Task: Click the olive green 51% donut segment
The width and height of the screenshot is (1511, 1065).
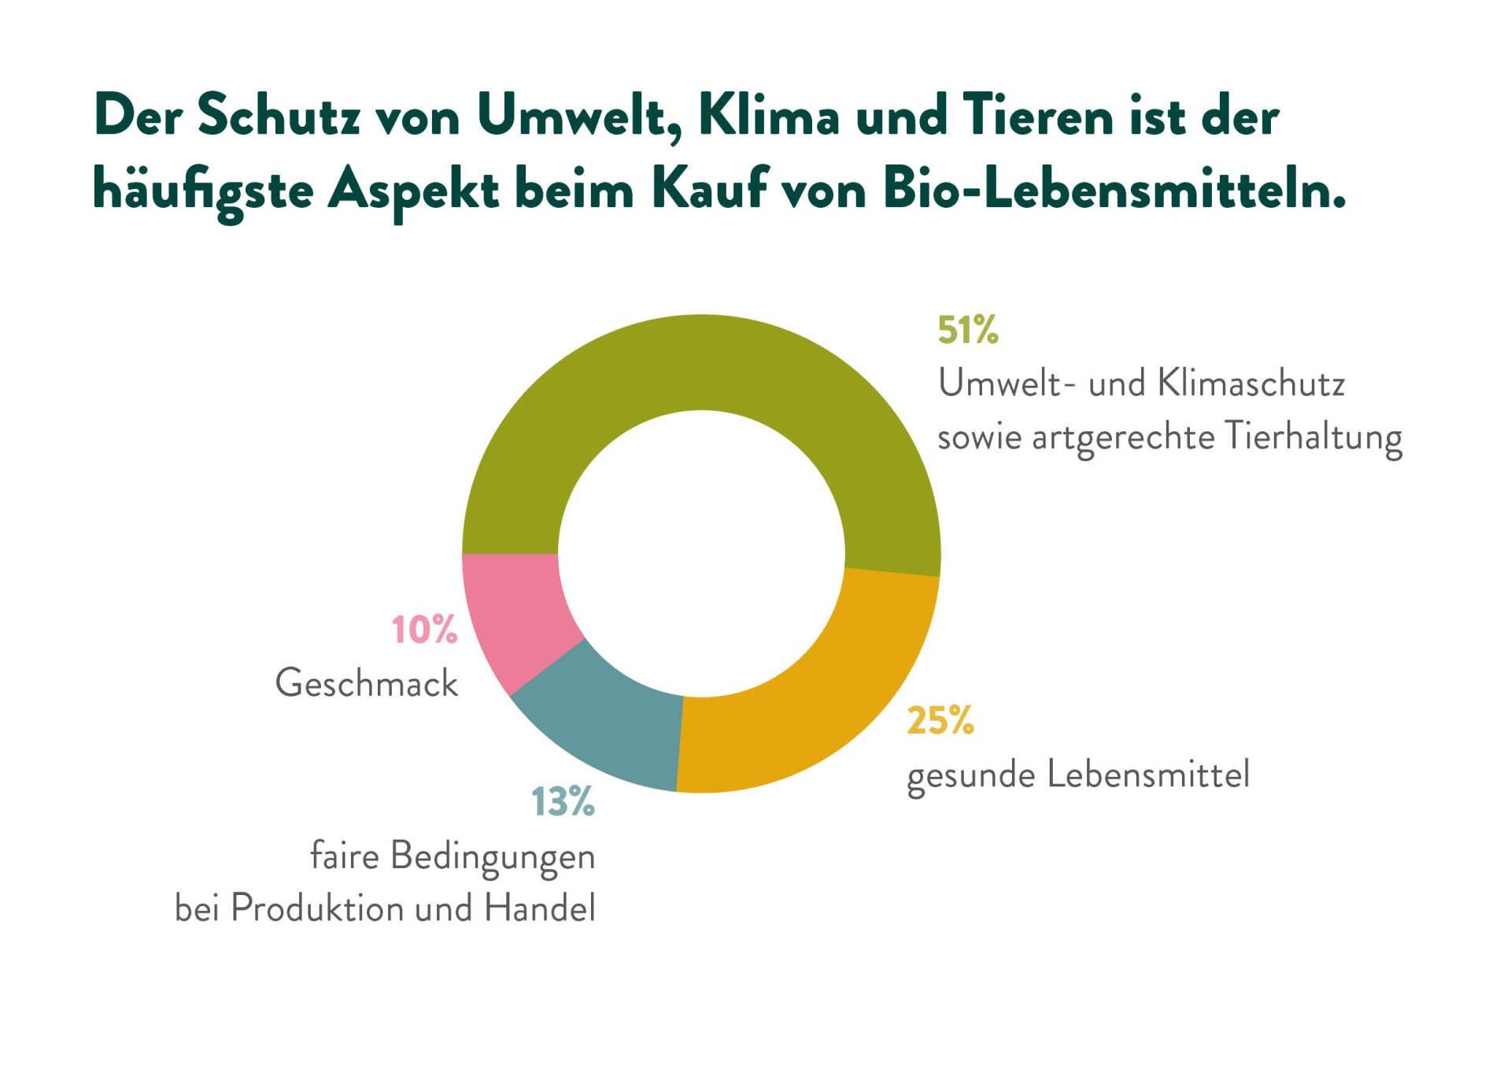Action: coord(700,362)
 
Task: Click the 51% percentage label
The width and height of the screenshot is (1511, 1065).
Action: coord(967,330)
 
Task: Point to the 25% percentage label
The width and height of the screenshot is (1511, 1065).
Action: coord(940,720)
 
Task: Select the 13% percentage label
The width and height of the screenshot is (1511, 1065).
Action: coord(563,802)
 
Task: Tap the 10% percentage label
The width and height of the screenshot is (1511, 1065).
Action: coord(424,630)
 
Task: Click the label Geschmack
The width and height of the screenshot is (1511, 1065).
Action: coord(366,683)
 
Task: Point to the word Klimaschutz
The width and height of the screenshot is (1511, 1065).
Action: coord(1251,384)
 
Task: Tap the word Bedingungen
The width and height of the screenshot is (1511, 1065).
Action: coord(493,857)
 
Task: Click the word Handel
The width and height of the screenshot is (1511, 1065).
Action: coord(540,909)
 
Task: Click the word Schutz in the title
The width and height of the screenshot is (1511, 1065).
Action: coord(279,116)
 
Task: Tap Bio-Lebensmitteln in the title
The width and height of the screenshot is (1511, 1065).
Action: coord(1114,190)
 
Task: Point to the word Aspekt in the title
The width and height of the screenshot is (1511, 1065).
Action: coord(413,192)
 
